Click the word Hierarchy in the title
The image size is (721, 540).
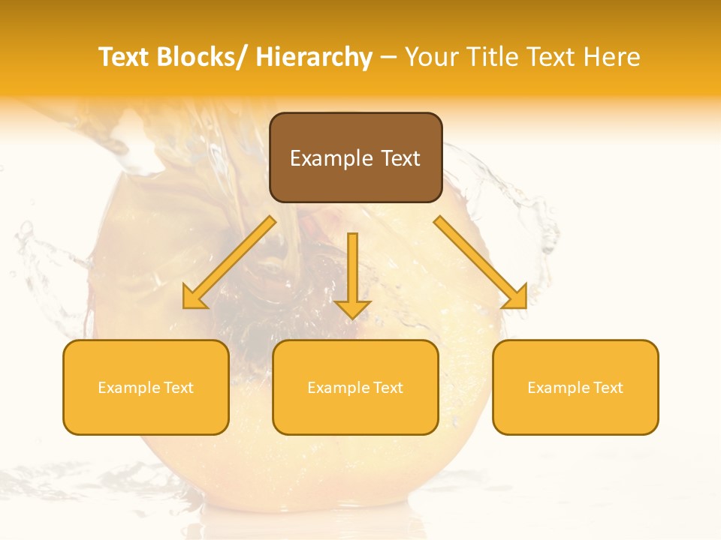coord(314,57)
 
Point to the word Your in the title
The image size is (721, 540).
coord(430,57)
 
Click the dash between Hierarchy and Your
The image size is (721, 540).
coord(388,58)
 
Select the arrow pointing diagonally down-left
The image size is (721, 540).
coord(230,262)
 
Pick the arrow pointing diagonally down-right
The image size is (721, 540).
coord(481,262)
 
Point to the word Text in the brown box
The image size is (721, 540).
coord(399,158)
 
